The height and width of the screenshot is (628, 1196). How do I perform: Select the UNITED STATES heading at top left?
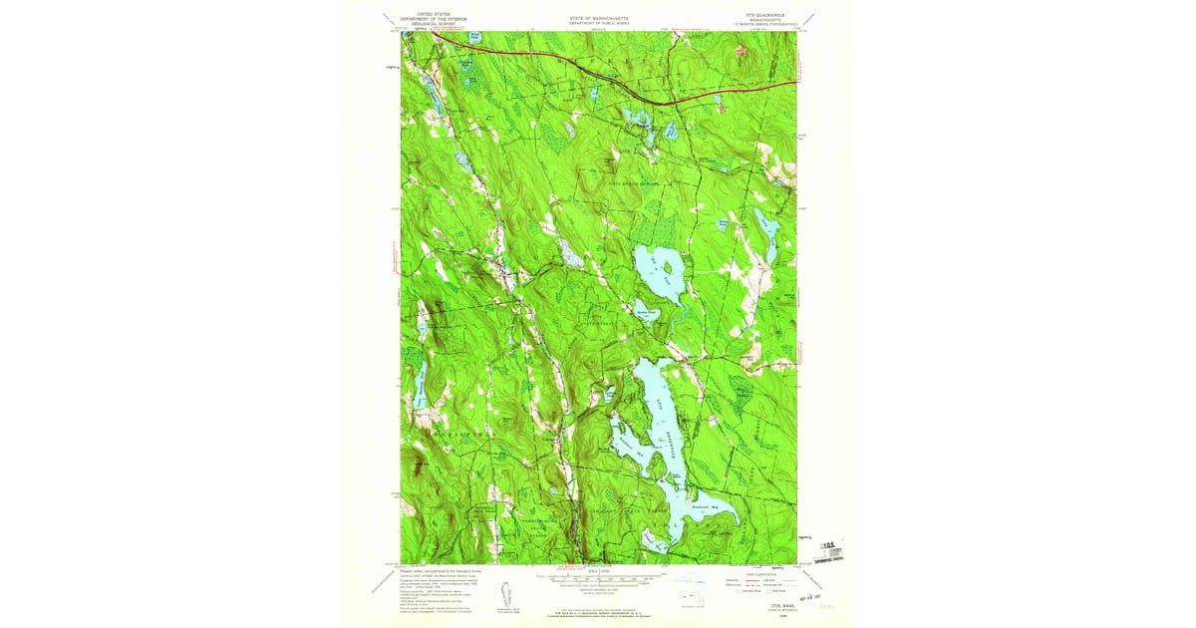pyautogui.click(x=419, y=15)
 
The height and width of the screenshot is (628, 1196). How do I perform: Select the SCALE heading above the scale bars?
pyautogui.click(x=598, y=571)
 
